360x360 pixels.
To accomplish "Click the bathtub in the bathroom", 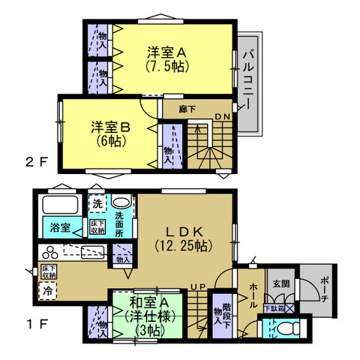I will coord(59,205).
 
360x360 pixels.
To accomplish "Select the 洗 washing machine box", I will coord(97,202).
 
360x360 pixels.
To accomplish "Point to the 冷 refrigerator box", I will coord(47,291).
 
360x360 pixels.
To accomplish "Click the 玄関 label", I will coord(280,283).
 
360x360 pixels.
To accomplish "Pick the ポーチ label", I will coord(323,289).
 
